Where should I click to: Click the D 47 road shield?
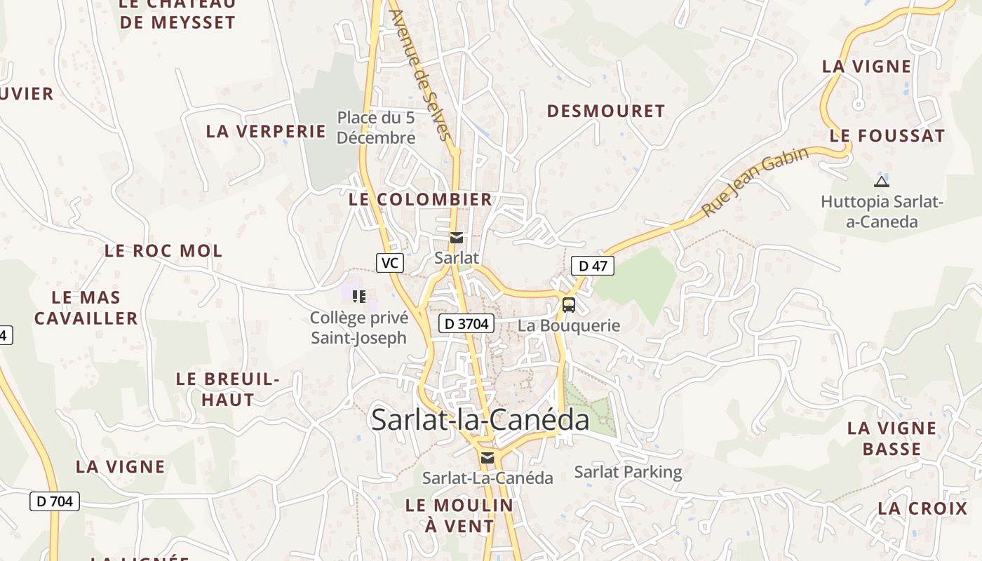click(593, 266)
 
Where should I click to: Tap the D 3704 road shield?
click(466, 323)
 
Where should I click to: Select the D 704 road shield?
click(55, 501)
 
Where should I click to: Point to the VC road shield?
click(390, 263)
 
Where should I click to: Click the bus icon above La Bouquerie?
click(569, 305)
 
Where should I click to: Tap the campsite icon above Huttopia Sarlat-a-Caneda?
click(882, 182)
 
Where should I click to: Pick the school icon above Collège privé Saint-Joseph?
click(359, 297)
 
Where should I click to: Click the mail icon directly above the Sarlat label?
click(457, 238)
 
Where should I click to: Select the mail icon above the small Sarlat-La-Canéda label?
click(487, 458)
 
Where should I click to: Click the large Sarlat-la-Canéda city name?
click(480, 420)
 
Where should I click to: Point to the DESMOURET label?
click(605, 111)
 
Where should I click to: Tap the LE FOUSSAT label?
click(887, 136)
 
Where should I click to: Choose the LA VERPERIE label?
click(266, 131)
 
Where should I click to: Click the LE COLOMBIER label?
click(421, 199)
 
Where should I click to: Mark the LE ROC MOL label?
click(163, 250)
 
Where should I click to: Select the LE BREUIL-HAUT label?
click(227, 389)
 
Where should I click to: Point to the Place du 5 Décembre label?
click(376, 128)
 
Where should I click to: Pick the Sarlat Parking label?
click(628, 472)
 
